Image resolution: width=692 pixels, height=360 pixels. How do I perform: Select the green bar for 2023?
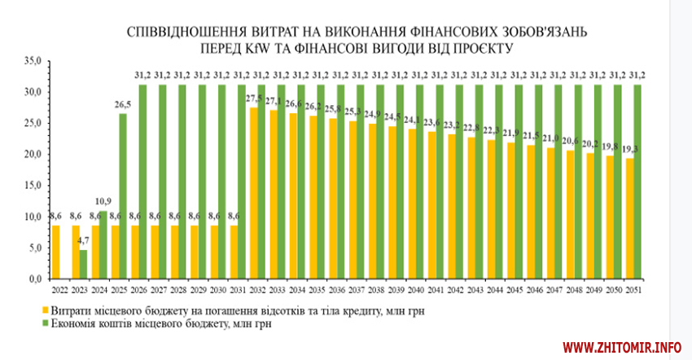point(83,265)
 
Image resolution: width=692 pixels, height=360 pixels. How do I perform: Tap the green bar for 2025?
point(123,196)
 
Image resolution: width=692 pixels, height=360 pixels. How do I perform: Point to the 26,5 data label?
point(123,105)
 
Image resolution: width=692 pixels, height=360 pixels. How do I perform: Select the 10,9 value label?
point(103,201)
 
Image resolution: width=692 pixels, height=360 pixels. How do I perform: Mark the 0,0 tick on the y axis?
point(34,279)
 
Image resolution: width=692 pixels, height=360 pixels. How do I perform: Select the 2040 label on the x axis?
point(417,289)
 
